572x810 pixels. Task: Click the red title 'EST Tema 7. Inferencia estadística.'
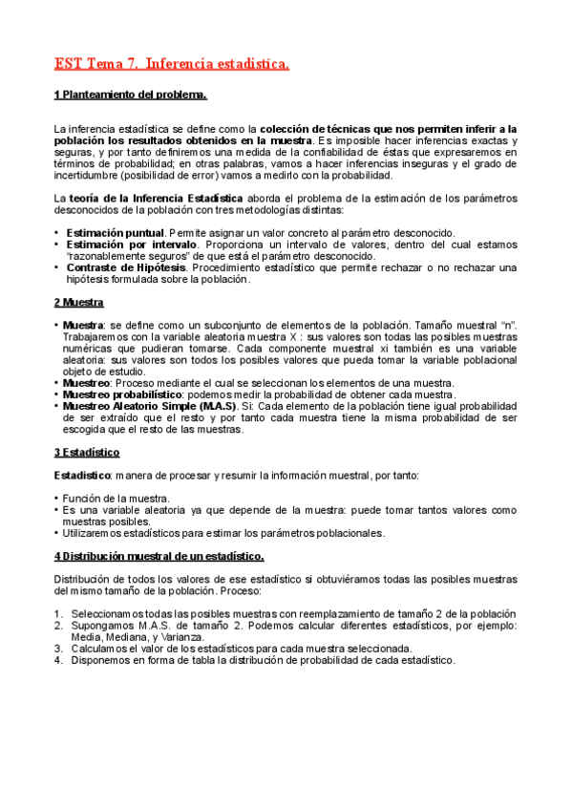click(x=171, y=64)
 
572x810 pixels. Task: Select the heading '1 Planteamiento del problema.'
click(x=130, y=96)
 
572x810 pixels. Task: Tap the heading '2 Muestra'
click(x=78, y=303)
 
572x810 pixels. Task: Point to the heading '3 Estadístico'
click(x=86, y=452)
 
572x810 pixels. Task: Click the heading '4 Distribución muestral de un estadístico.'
click(x=159, y=556)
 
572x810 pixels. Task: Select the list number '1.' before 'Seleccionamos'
click(x=58, y=613)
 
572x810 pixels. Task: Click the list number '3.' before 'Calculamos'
click(x=58, y=648)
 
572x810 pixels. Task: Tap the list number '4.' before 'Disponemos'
click(x=58, y=659)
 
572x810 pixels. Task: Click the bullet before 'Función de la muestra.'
click(x=56, y=499)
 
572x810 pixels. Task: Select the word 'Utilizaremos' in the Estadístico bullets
click(x=95, y=533)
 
